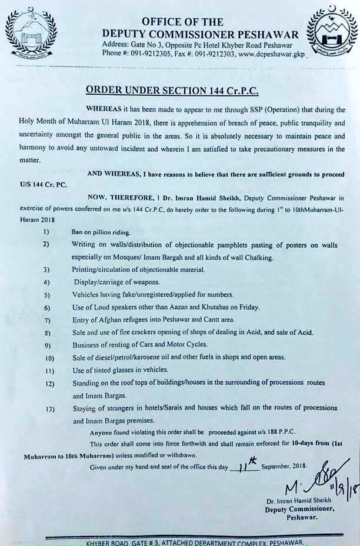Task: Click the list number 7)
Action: click(x=48, y=320)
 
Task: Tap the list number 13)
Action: click(x=49, y=408)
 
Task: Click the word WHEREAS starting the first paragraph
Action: click(x=105, y=110)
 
